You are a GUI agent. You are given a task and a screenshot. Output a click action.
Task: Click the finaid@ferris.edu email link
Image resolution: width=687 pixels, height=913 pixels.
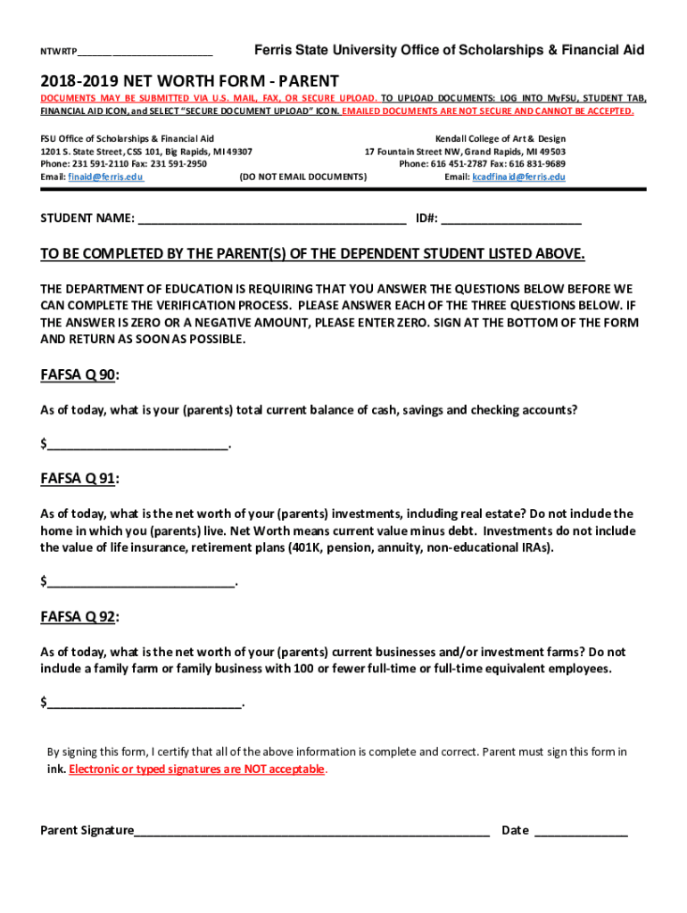(105, 177)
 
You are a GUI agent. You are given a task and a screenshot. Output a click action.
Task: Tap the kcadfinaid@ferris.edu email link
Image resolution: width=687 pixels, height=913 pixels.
(517, 177)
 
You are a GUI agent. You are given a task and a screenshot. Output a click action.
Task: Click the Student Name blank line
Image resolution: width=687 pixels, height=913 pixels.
(272, 218)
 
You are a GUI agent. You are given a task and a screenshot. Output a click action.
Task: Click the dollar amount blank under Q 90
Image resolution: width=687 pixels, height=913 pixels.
(138, 444)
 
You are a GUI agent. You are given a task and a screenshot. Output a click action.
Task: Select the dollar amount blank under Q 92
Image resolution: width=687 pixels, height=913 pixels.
(145, 703)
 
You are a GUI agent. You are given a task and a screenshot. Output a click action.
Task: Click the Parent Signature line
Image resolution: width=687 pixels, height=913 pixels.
(311, 830)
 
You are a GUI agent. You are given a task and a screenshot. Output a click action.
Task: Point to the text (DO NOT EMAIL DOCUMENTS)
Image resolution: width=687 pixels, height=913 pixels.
(303, 177)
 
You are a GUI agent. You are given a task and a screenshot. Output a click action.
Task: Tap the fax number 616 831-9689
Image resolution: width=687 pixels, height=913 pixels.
(539, 164)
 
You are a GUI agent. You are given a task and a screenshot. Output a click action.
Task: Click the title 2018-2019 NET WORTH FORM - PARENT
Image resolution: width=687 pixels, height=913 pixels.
(189, 80)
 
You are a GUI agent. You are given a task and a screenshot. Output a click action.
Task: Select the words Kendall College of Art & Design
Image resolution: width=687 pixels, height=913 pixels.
(500, 139)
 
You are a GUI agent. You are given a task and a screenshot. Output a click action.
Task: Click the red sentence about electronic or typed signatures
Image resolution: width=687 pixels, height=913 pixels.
(197, 769)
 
